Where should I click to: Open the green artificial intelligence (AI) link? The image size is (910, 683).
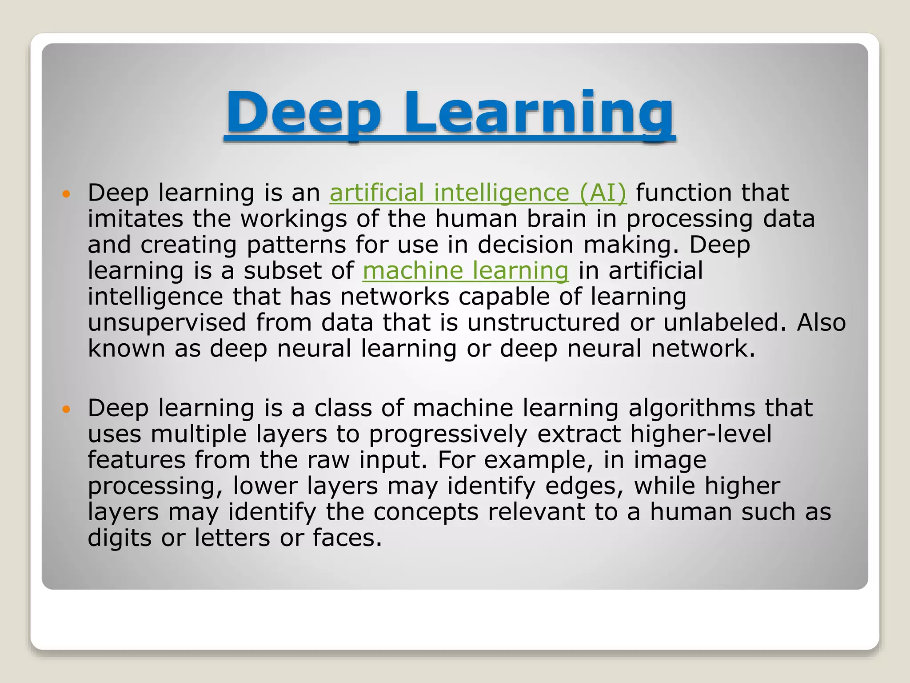tap(478, 193)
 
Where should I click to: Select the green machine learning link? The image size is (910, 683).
tap(465, 270)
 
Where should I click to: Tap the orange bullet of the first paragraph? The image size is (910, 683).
tap(66, 194)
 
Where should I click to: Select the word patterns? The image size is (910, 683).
tap(296, 245)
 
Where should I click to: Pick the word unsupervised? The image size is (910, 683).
tap(167, 322)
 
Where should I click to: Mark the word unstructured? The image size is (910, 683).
tap(543, 322)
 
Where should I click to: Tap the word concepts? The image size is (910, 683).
tap(426, 512)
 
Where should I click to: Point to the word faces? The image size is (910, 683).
tap(347, 538)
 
